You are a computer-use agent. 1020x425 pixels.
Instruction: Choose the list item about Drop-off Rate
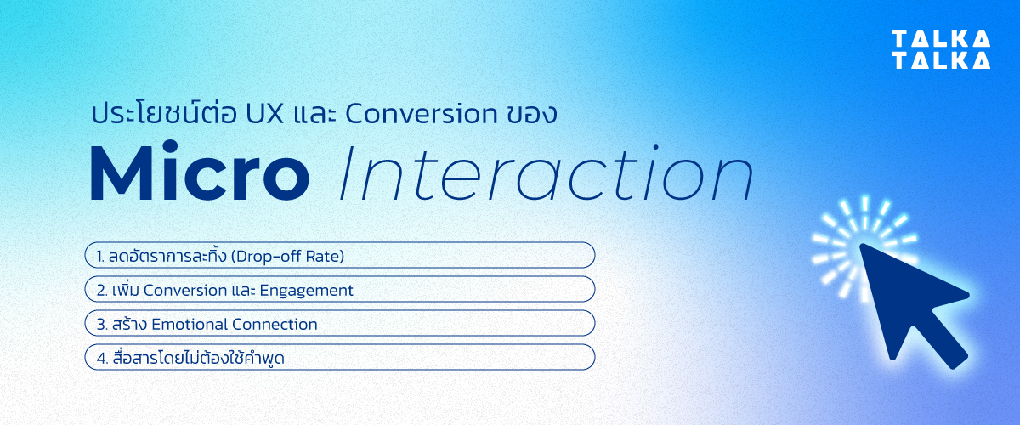[x=339, y=255]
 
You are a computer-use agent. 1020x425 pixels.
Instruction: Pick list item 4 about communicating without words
[x=339, y=358]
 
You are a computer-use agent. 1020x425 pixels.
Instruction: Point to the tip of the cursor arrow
[x=863, y=247]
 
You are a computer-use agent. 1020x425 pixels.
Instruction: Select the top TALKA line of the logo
[x=940, y=38]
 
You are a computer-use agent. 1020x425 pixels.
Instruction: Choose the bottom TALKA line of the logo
[x=940, y=59]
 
